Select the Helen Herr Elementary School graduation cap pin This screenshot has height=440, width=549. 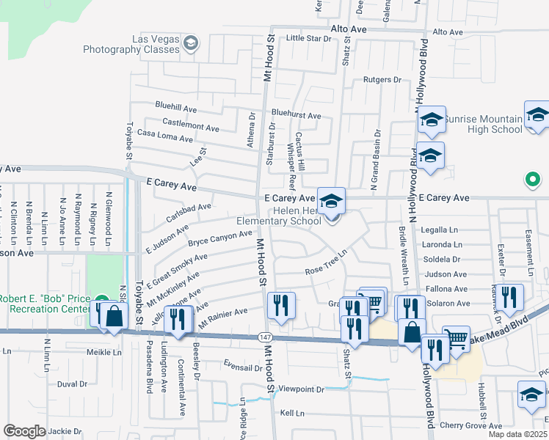331,200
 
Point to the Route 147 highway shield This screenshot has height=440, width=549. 265,336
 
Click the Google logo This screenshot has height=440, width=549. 24,431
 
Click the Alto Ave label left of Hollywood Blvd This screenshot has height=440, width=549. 349,29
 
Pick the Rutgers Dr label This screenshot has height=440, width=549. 382,79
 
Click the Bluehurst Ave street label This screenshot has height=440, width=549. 296,115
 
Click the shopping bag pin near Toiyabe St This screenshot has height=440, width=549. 114,317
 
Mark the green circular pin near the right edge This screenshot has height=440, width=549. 533,179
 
